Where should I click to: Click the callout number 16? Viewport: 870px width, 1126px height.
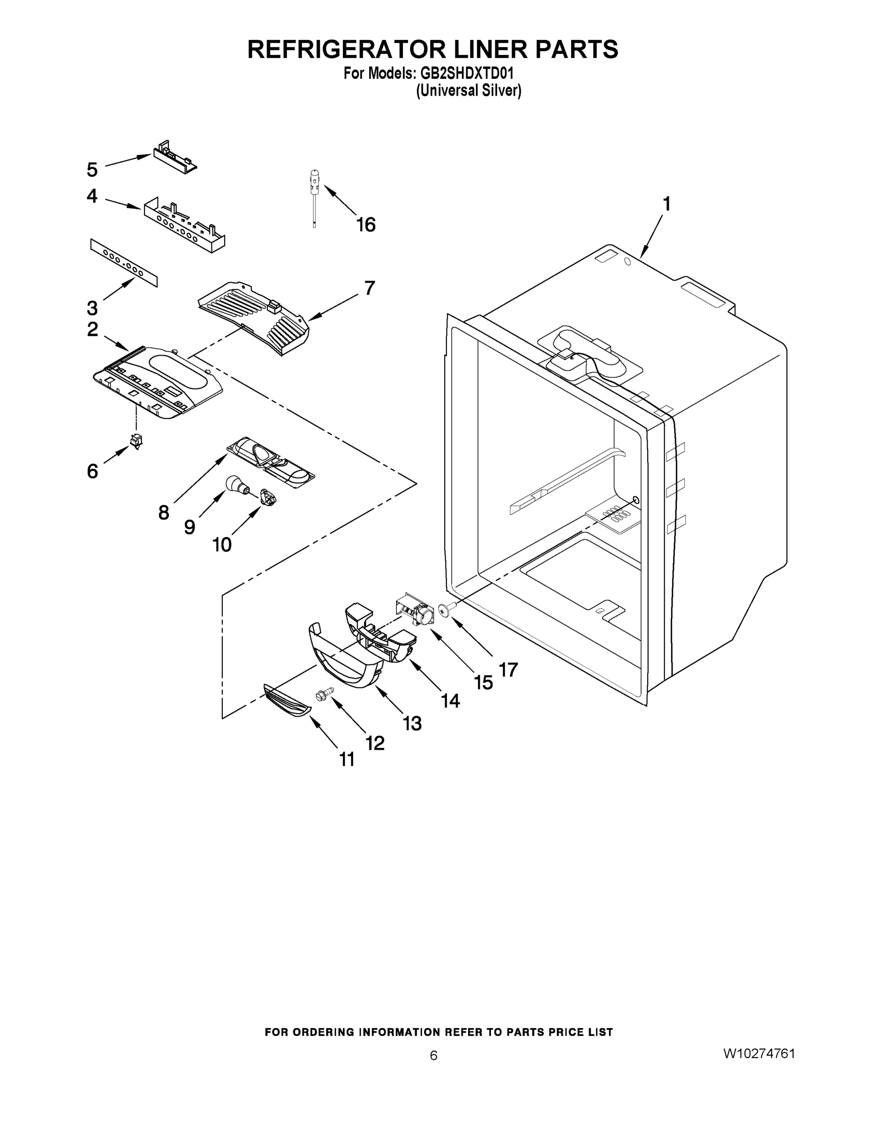tap(366, 225)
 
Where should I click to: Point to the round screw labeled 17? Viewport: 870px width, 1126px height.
tap(444, 610)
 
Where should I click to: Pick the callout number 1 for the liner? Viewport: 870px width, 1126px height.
tap(666, 204)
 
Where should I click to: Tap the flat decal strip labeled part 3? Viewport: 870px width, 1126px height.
tap(124, 262)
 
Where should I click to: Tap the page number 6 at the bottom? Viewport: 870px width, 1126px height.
tap(434, 1055)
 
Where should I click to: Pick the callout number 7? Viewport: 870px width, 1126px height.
tap(370, 289)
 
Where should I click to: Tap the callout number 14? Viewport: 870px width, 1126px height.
tap(450, 700)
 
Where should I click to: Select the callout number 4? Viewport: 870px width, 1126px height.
tap(92, 196)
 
